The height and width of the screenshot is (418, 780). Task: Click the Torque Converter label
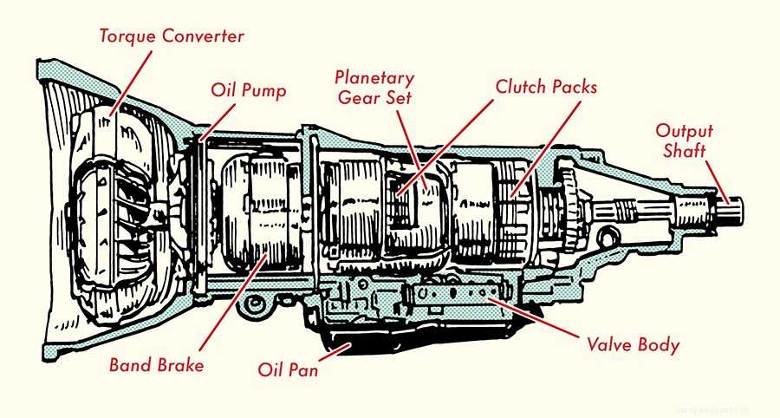coord(170,36)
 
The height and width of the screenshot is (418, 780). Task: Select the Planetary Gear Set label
coord(374,88)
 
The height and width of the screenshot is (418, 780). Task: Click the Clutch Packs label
coord(546,87)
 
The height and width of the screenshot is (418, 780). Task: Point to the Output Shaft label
coord(684,140)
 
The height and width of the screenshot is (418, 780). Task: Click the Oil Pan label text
coord(288,370)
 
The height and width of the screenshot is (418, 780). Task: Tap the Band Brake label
coord(156,364)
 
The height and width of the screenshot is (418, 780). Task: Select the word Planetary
coord(374,78)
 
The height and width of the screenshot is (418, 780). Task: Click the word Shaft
coord(685,151)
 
